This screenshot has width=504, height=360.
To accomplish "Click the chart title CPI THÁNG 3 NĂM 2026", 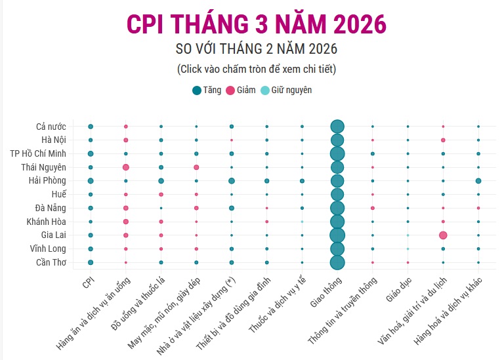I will tap(257, 24).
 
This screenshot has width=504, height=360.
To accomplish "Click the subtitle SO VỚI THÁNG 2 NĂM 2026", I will tap(257, 49).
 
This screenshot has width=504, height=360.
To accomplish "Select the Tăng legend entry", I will tap(207, 90).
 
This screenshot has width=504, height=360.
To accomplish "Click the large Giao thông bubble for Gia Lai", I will tap(337, 235).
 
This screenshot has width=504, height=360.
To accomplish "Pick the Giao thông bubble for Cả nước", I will tap(337, 127).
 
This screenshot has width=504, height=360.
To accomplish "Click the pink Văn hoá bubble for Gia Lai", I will tap(443, 235).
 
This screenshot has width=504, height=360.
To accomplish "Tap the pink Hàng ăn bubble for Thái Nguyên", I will tap(125, 167).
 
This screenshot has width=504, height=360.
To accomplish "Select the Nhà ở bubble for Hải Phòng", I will tap(232, 181).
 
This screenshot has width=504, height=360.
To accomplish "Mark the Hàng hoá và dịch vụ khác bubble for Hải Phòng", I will tap(478, 181).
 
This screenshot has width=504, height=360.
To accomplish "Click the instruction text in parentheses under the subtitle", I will tap(257, 69).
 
